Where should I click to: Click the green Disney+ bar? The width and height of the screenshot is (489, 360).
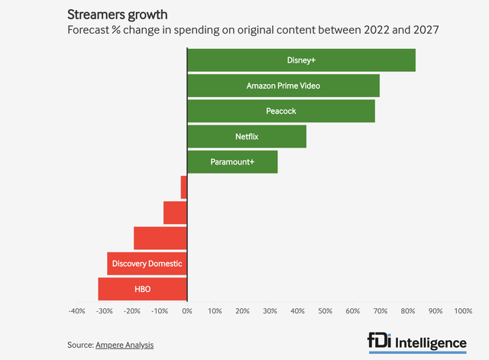point(301,60)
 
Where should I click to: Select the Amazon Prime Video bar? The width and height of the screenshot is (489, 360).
point(283,86)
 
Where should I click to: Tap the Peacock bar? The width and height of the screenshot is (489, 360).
point(281,111)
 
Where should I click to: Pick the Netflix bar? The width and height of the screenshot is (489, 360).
point(247,137)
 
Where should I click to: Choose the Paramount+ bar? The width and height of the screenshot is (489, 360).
point(232,162)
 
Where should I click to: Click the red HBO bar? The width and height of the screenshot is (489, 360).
point(143,289)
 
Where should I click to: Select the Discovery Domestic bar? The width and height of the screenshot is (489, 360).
point(147,264)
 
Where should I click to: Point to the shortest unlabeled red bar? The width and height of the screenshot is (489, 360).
point(184,187)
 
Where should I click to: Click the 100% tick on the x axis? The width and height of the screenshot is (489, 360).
point(462,311)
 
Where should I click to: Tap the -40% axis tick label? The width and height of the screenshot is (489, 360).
point(76,311)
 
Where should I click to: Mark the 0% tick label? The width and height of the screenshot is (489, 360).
point(187,311)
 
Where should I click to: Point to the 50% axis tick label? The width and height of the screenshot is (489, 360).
point(325,311)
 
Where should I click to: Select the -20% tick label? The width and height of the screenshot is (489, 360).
point(131,311)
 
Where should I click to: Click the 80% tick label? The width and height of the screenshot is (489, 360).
point(407,311)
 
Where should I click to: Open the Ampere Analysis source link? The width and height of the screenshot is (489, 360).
point(125,345)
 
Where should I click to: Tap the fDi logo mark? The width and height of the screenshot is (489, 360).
point(380,342)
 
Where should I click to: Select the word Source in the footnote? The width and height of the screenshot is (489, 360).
point(79,345)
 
